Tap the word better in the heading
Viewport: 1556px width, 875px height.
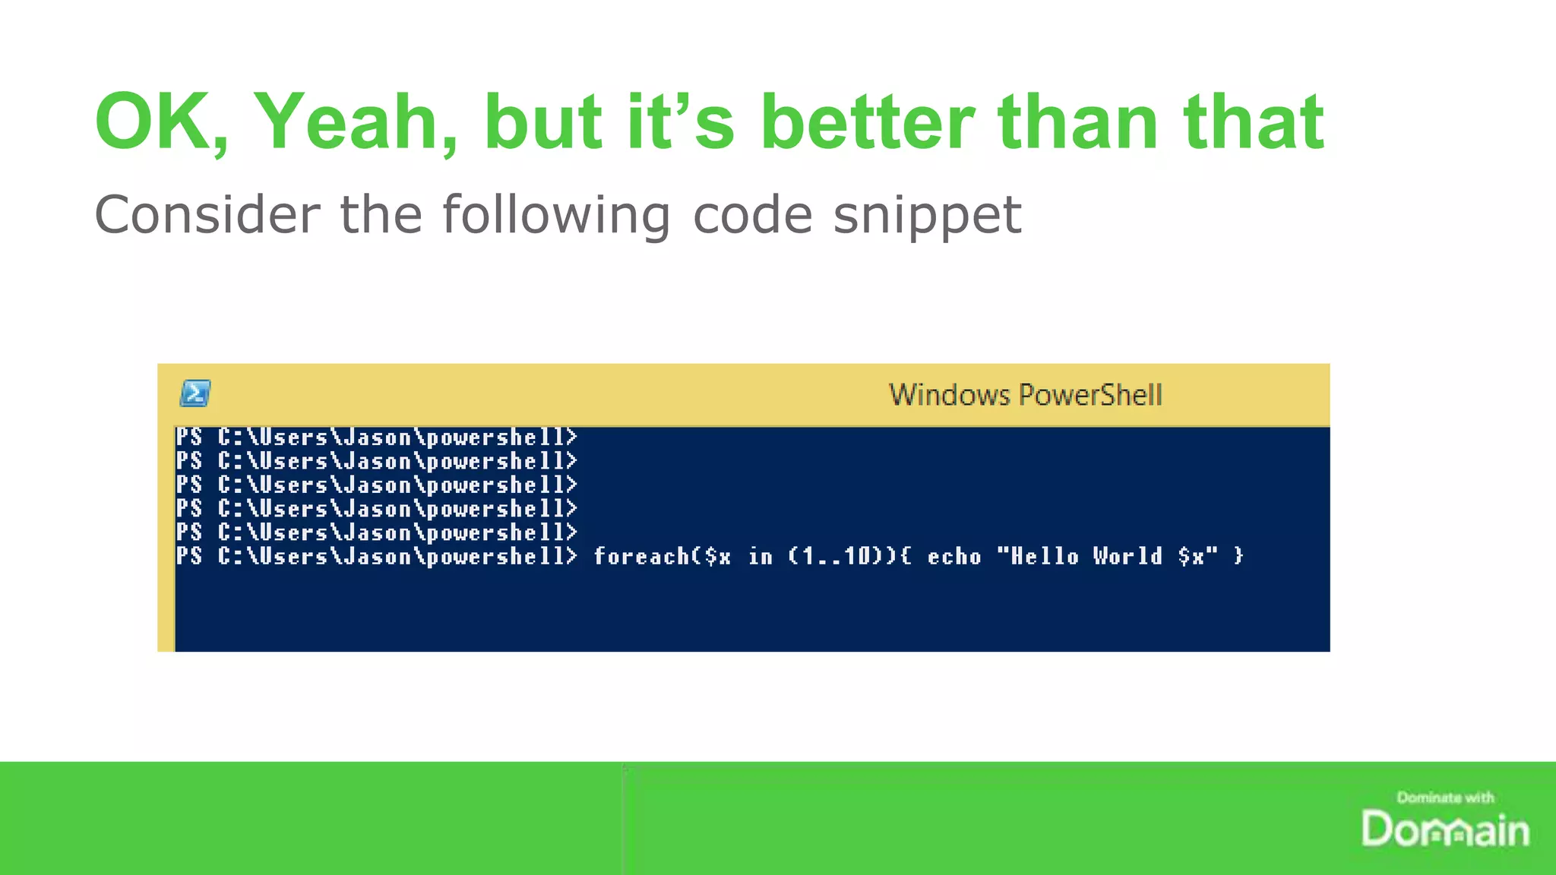(867, 122)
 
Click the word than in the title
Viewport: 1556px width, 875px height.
(1079, 122)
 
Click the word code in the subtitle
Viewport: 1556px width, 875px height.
(752, 215)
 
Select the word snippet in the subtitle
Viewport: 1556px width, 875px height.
(927, 215)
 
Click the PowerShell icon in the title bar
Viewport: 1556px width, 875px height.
(195, 393)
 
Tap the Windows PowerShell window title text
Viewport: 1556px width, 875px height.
(1026, 395)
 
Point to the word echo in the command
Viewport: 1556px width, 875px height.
(954, 557)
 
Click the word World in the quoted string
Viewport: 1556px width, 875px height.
(1127, 557)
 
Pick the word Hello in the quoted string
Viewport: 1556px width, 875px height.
(1044, 557)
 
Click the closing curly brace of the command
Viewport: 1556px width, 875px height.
(1239, 557)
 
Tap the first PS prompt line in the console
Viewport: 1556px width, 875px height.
(376, 437)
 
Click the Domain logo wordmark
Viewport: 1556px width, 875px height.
(1445, 829)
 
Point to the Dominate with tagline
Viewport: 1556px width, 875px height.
(1445, 798)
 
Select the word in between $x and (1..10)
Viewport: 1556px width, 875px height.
(761, 557)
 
